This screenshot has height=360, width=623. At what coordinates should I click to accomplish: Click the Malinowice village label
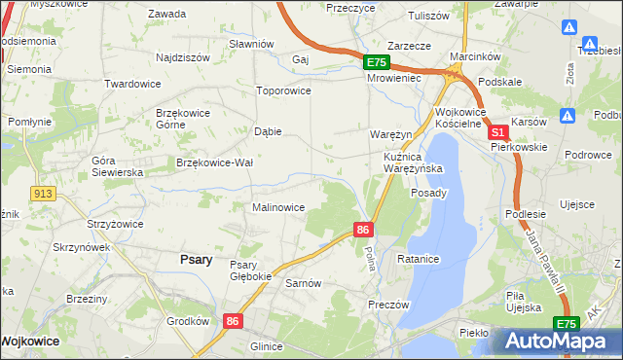[x=278, y=207]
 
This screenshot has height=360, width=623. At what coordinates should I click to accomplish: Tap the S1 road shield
[x=497, y=132]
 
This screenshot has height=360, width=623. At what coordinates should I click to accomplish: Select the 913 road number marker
[x=41, y=194]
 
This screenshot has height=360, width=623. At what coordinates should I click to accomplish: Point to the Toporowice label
[x=282, y=90]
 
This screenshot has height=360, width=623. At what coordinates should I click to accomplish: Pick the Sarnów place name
[x=303, y=283]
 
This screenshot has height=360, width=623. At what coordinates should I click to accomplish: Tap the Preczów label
[x=388, y=304]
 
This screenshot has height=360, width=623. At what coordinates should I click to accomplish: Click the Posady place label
[x=428, y=193]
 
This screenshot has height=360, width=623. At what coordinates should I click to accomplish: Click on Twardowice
[x=132, y=84]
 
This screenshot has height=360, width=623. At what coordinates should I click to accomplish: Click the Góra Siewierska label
[x=117, y=165]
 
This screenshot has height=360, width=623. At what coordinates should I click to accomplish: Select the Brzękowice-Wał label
[x=214, y=162]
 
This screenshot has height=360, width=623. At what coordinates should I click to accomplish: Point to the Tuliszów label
[x=428, y=17]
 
